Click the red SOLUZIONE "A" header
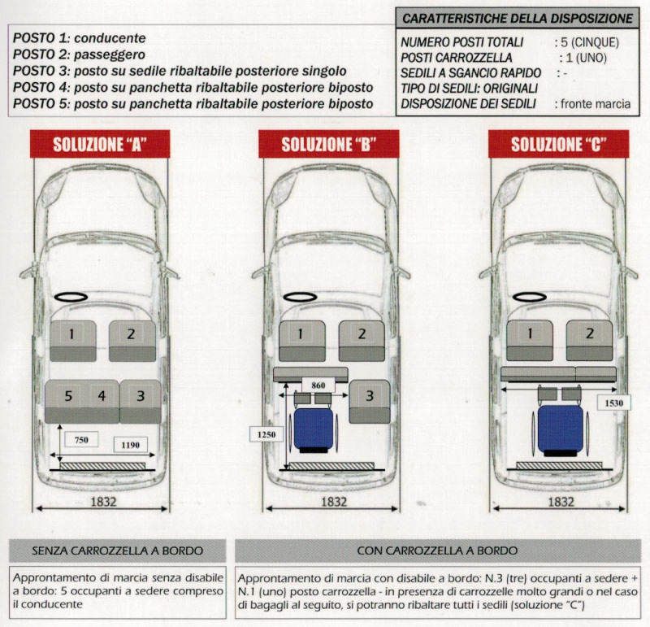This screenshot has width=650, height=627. point(99,145)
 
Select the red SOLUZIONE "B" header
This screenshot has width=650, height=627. point(328,145)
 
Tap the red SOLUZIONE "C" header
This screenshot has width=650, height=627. point(558,145)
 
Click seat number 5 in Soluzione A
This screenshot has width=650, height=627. point(68,396)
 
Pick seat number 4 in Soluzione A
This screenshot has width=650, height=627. point(102,396)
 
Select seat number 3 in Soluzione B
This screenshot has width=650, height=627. point(370,396)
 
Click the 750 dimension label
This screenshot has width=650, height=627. point(80,440)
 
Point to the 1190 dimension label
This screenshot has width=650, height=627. point(128,445)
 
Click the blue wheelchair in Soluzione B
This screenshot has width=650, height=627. point(312,429)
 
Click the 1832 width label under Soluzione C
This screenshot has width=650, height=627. point(561,503)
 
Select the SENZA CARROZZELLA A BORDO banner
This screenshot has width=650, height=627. point(117,551)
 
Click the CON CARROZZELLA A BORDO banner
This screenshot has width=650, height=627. point(437,551)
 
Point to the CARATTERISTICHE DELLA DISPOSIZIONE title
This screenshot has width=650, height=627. point(518,18)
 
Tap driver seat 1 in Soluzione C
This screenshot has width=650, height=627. point(529,333)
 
